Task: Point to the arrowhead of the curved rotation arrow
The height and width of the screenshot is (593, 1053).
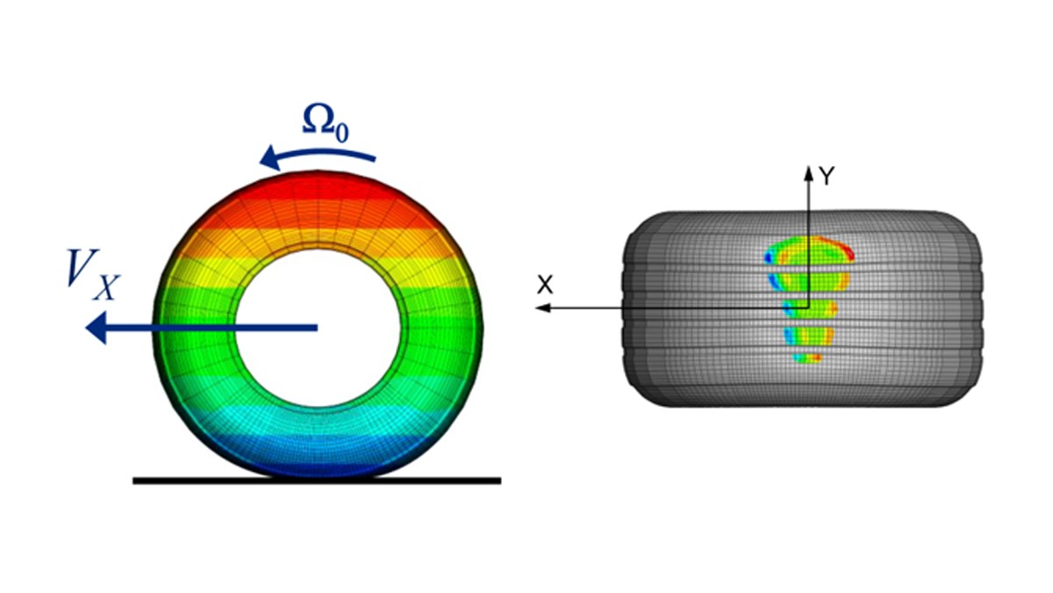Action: click(x=266, y=159)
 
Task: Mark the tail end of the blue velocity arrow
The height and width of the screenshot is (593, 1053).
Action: click(x=315, y=328)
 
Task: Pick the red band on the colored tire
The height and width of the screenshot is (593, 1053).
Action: click(x=317, y=189)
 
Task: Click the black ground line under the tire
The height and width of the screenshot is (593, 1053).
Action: click(x=317, y=481)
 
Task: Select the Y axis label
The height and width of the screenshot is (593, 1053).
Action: click(x=827, y=177)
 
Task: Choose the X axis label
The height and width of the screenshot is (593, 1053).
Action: click(x=545, y=285)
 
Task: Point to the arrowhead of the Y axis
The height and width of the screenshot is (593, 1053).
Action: click(x=808, y=170)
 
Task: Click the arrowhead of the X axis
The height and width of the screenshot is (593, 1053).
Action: click(x=540, y=307)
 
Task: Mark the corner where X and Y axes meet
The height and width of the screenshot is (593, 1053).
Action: click(x=808, y=307)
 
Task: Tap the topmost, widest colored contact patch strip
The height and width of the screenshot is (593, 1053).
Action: click(x=808, y=250)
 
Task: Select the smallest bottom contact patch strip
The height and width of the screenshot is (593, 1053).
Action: click(x=808, y=358)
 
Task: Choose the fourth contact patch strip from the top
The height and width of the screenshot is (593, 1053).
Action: click(x=804, y=336)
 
